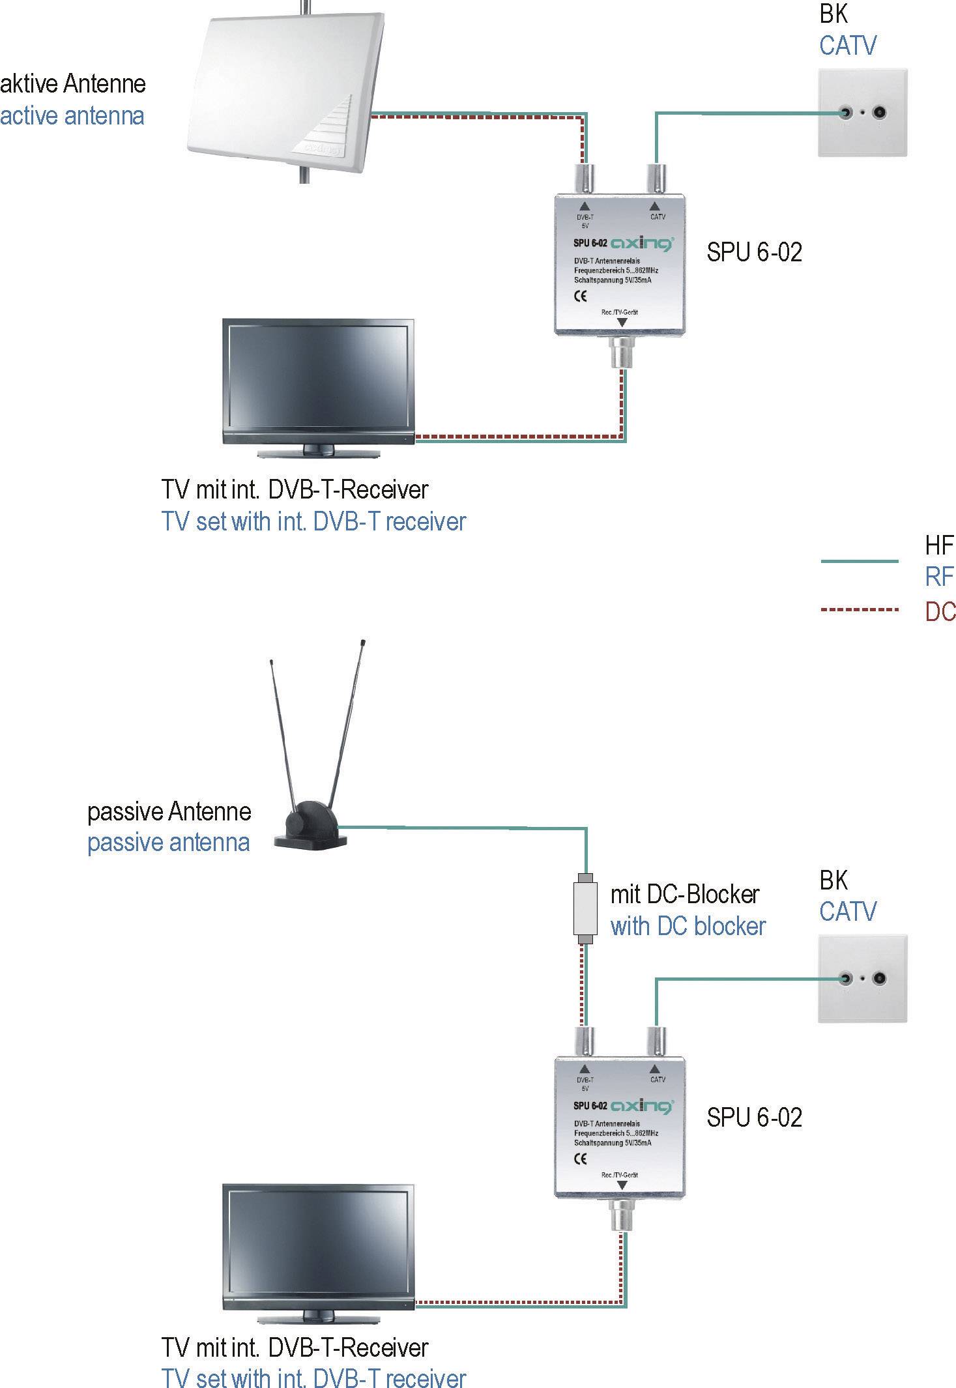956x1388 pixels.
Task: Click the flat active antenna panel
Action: tap(280, 91)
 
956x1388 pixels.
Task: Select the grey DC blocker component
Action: tap(585, 908)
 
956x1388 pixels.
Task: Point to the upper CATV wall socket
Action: tap(862, 113)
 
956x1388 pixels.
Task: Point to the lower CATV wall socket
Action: tap(862, 978)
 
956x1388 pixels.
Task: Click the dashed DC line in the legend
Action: tap(859, 610)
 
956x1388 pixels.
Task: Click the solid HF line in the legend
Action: tap(859, 561)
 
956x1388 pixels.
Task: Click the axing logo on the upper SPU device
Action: tap(642, 244)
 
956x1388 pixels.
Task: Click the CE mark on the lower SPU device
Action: tap(580, 1158)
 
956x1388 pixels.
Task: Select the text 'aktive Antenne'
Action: tap(73, 84)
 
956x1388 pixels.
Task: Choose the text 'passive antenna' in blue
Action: tap(168, 843)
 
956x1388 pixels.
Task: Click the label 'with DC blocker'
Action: tap(688, 926)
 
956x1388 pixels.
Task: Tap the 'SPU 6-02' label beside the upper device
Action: tap(754, 252)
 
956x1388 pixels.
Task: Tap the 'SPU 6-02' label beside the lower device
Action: tap(754, 1118)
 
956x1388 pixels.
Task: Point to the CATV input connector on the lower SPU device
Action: tap(656, 1041)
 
